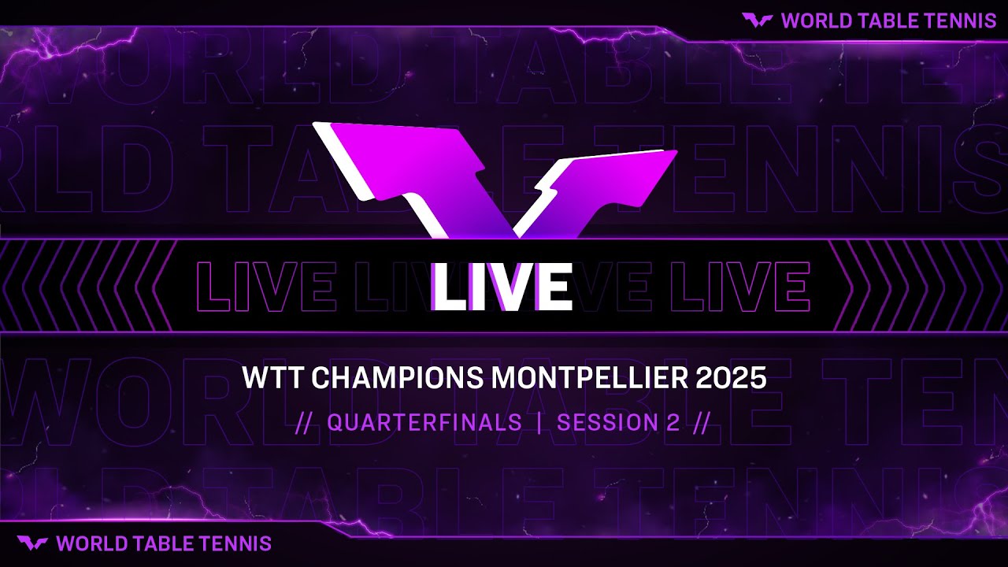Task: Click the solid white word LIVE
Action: point(502,286)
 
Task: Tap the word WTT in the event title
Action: point(272,379)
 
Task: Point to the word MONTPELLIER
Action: point(590,379)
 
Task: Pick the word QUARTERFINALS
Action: point(424,423)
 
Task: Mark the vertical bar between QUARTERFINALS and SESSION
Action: point(539,423)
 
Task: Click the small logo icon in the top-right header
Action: point(757,20)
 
